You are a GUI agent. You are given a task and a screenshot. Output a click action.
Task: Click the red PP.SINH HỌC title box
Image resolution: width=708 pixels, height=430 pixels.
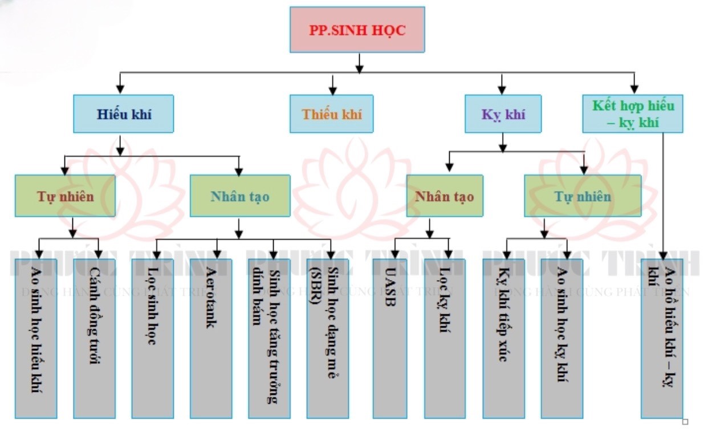tap(357, 30)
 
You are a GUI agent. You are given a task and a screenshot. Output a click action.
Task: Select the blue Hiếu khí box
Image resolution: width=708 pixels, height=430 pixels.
tap(123, 114)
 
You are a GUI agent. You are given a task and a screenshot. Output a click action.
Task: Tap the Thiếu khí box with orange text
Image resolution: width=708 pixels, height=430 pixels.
tap(331, 114)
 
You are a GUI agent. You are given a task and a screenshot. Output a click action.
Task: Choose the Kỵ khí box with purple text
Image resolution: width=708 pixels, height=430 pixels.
tap(503, 114)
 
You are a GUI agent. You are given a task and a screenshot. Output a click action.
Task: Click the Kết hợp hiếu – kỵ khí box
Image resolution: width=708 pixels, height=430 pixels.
tap(632, 114)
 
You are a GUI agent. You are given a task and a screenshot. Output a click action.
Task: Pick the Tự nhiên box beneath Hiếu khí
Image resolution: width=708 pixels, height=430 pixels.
tap(65, 196)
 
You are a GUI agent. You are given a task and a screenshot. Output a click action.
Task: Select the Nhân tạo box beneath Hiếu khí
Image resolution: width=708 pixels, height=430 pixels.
tap(239, 196)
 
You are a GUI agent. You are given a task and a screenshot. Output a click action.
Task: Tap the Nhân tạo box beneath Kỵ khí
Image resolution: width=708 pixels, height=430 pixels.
tap(444, 196)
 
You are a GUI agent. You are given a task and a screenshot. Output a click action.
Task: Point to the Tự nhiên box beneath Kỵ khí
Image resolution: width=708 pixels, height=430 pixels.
tap(582, 196)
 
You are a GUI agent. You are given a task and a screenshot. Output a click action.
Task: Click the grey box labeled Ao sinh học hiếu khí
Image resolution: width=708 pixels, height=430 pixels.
tap(36, 338)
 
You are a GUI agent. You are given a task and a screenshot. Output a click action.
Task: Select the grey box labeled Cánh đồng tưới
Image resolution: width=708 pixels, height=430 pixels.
tap(94, 338)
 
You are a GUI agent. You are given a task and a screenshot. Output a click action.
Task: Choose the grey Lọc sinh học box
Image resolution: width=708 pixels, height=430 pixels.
tap(152, 338)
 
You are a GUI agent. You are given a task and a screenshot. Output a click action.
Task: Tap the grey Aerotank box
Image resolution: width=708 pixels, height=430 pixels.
tap(210, 338)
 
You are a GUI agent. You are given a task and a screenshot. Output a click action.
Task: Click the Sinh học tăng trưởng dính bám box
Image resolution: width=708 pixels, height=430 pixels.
tap(269, 338)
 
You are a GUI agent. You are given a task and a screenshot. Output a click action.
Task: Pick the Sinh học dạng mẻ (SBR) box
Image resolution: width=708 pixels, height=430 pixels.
tap(327, 338)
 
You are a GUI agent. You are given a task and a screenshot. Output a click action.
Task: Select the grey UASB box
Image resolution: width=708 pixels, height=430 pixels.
tap(392, 338)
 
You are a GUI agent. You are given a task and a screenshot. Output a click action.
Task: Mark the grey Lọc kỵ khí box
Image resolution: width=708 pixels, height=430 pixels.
tap(444, 338)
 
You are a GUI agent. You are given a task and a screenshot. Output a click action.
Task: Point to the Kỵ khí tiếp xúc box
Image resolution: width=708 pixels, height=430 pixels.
tap(503, 338)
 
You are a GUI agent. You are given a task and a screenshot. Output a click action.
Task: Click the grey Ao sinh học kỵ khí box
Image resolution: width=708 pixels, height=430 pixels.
tap(561, 338)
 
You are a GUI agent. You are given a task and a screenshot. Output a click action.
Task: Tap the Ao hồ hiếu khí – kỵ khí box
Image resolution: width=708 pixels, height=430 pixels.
tap(661, 338)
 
